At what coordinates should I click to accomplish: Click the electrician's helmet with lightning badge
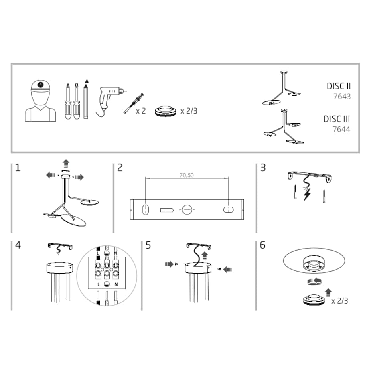pos(41,86)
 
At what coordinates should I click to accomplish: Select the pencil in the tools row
pos(86,99)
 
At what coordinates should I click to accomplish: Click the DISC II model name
pos(339,86)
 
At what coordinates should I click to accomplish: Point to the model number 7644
pos(341,129)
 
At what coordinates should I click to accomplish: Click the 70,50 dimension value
pos(187,175)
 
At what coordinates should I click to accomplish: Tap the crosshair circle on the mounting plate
pos(187,210)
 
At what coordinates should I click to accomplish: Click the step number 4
pos(18,245)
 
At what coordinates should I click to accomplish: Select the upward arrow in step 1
pos(66,163)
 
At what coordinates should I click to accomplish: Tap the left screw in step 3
pos(295,192)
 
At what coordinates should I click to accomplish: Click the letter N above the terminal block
pos(116,253)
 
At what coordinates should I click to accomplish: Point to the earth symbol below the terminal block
pos(107,284)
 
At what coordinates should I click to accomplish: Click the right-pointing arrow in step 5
pos(169,264)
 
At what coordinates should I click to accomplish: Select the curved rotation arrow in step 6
pos(314,281)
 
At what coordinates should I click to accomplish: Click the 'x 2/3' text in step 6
pos(339,301)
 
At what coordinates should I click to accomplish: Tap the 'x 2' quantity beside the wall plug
pos(141,111)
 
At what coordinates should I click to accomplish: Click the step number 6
pos(262,245)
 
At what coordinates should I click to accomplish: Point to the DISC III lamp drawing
pos(284,127)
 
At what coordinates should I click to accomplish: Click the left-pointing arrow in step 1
pos(51,175)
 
